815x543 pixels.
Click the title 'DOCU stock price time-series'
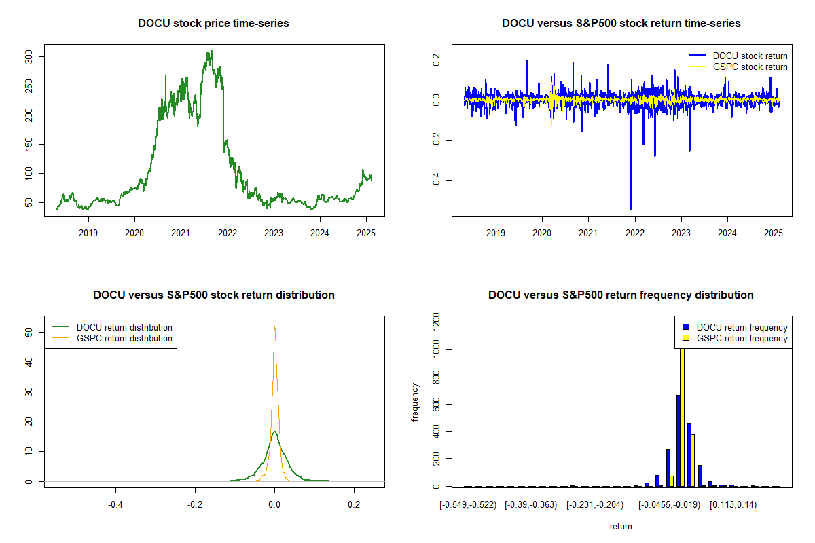pyautogui.click(x=213, y=24)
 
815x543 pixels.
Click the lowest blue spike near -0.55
pyautogui.click(x=631, y=208)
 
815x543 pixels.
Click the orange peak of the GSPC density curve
pyautogui.click(x=274, y=327)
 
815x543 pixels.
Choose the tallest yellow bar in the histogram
pyautogui.click(x=682, y=414)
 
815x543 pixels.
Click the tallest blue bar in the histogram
pyautogui.click(x=678, y=441)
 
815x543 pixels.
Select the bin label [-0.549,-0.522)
pyautogui.click(x=469, y=505)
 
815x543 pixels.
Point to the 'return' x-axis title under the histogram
pyautogui.click(x=621, y=526)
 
